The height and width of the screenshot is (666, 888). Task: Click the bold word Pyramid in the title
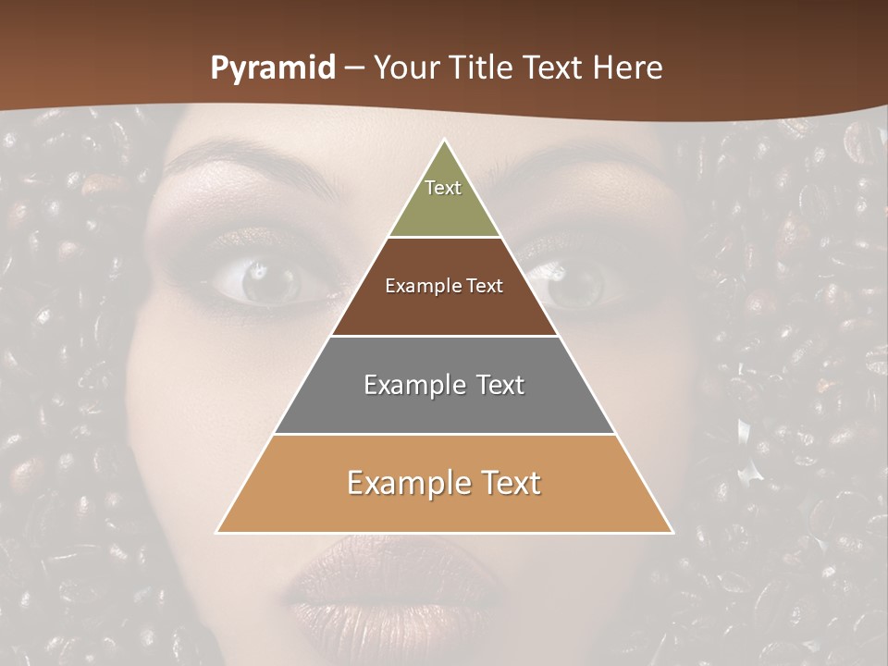273,68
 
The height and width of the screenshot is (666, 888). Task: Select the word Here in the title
628,68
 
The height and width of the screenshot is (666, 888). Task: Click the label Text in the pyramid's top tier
443,188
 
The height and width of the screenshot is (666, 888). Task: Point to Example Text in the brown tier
444,286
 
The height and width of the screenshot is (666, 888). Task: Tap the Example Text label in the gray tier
444,385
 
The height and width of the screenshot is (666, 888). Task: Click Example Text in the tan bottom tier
444,483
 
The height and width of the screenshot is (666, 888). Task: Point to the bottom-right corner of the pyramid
672,532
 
